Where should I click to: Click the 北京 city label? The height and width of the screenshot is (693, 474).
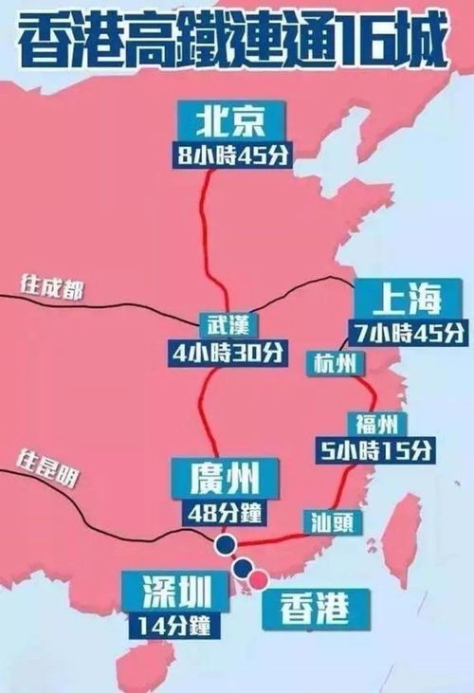point(225,122)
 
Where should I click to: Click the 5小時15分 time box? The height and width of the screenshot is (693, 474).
point(378,448)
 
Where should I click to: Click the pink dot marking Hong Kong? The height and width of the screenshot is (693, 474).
point(258,577)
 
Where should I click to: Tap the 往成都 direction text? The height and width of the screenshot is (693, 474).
point(52,287)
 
